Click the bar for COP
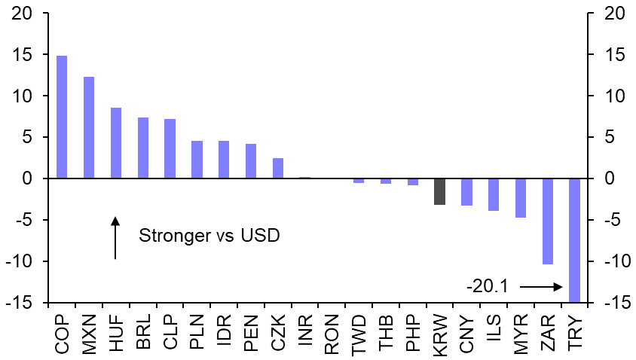(62, 117)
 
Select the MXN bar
(89, 128)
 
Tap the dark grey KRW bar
(440, 191)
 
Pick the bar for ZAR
(548, 221)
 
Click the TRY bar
(575, 240)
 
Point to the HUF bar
(116, 143)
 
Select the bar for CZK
(278, 169)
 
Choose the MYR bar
(521, 198)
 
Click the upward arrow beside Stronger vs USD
(115, 238)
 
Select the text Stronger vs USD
(209, 236)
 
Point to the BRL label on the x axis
(143, 332)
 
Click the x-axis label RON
(332, 332)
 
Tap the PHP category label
(413, 332)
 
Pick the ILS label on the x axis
(494, 332)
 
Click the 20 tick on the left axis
(23, 14)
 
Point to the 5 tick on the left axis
(28, 138)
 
